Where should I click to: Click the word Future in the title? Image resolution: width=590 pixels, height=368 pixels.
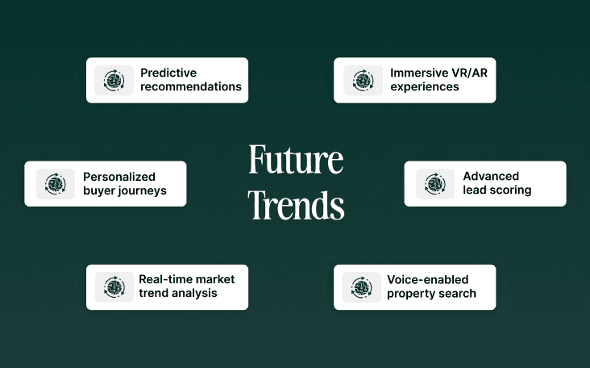[295, 161]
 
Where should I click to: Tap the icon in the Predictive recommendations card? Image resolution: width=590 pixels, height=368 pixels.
[114, 80]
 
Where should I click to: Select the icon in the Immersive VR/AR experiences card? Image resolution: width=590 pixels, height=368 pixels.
[363, 80]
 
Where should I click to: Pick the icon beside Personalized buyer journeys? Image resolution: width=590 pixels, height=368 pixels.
[55, 184]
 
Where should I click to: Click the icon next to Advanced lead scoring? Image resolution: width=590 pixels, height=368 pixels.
[435, 184]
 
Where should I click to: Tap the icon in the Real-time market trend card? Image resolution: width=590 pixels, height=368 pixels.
[114, 286]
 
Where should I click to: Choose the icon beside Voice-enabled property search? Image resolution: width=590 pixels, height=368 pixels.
[361, 286]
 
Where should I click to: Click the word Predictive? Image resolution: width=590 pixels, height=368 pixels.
[168, 73]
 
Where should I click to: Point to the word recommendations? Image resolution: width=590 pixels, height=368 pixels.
[191, 87]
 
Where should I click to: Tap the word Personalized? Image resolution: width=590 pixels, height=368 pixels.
[119, 177]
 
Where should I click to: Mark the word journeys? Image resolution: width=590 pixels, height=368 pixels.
[141, 191]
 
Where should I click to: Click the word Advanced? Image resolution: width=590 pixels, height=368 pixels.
[491, 176]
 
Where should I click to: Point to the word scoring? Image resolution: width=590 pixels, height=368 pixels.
[509, 190]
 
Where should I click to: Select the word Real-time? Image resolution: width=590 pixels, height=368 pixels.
[164, 279]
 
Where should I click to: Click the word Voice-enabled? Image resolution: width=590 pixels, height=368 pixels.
[427, 279]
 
